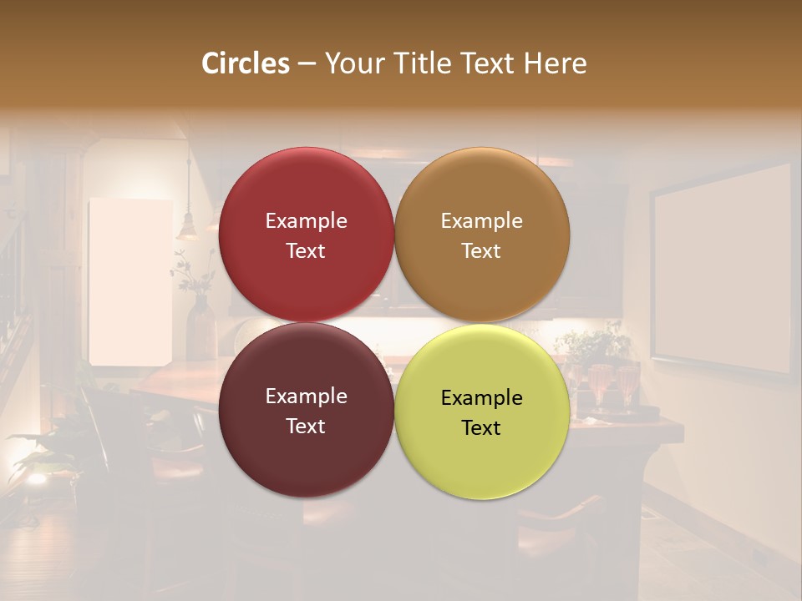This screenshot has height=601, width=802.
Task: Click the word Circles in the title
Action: pos(246,63)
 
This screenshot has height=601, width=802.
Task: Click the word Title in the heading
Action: pos(424,63)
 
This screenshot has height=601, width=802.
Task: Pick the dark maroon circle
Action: pos(306,455)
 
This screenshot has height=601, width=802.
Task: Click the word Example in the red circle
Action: pos(306,221)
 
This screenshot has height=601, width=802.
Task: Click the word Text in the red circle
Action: pos(306,251)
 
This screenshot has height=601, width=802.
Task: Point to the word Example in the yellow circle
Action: pos(482,398)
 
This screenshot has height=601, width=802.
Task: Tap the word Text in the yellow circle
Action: pos(481,428)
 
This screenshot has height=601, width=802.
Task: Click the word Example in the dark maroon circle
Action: pos(306,396)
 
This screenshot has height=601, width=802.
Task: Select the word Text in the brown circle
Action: pos(481,251)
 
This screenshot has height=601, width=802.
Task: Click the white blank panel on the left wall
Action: pos(129,281)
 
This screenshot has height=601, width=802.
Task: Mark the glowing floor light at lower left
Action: pos(36,479)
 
